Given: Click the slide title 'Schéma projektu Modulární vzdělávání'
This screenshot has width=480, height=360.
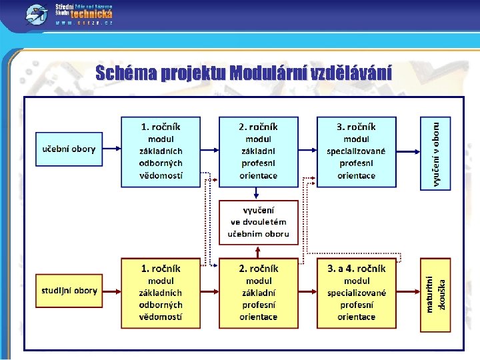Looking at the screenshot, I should coord(243,72).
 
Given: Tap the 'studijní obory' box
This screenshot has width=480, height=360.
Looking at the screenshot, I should coord(69,291).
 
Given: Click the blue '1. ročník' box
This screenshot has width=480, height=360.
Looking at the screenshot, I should coord(161,152).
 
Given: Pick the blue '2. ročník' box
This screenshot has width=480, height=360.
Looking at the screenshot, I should coord(259,152).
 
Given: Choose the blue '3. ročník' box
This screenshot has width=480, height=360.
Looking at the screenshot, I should coord(356,152).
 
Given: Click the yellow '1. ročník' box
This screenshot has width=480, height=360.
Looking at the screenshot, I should coord(161,293).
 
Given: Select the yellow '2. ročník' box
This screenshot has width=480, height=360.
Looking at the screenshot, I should coord(259,293).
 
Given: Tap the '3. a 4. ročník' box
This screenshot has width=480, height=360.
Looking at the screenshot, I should coord(356,293).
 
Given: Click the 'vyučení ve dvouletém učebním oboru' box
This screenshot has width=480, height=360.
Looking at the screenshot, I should coord(259,222).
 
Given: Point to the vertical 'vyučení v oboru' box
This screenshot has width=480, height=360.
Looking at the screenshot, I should coord(435,153).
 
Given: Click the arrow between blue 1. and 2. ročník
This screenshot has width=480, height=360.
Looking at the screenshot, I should coord(210,149).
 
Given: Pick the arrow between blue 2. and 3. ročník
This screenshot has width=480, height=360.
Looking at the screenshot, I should coord(307,149).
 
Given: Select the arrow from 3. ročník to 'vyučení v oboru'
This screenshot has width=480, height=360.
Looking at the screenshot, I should coord(408,149).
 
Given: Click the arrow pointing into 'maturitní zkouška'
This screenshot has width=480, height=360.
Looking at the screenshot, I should coord(408,291).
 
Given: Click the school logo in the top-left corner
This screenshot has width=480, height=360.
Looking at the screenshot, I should coord(37,13).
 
